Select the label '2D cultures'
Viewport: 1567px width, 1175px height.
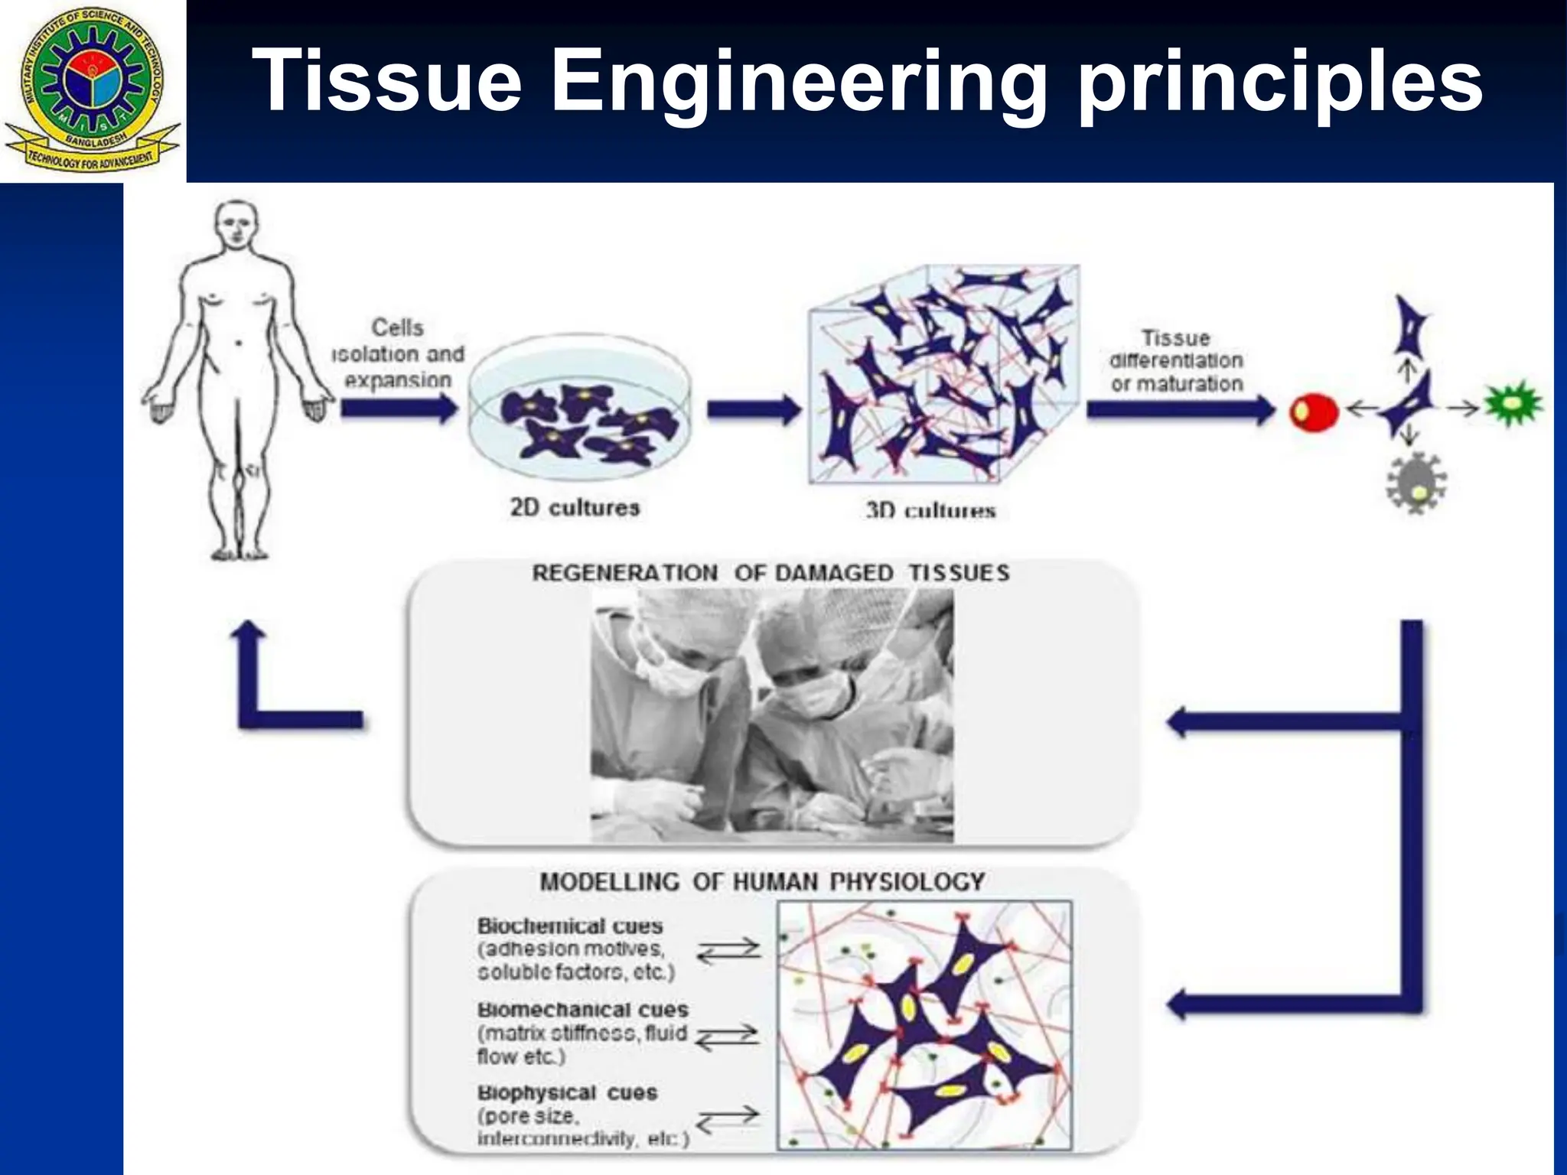[x=575, y=507]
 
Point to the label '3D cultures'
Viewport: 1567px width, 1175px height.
[x=930, y=510]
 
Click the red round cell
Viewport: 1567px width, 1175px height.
[x=1313, y=412]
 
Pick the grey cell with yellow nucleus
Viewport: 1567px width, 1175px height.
[x=1416, y=483]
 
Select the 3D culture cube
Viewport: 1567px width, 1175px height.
[x=944, y=375]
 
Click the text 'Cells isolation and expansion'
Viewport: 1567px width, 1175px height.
[x=398, y=353]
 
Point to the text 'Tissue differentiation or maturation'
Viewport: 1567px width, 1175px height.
[x=1176, y=360]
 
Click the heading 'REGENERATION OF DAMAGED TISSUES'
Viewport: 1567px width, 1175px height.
[x=770, y=573]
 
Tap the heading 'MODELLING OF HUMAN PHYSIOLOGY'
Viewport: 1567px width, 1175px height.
[x=762, y=882]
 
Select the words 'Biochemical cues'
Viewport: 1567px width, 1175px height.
[x=570, y=926]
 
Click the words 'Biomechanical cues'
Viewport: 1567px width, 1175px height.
[x=583, y=1010]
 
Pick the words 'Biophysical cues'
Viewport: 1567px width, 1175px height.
[x=567, y=1092]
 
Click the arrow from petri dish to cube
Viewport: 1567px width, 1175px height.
[x=753, y=410]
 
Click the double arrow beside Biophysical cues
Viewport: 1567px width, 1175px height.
[x=728, y=1120]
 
